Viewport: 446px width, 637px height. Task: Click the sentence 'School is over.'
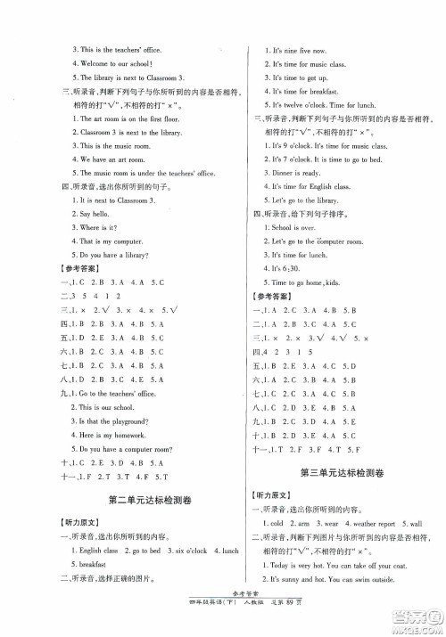point(293,227)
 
